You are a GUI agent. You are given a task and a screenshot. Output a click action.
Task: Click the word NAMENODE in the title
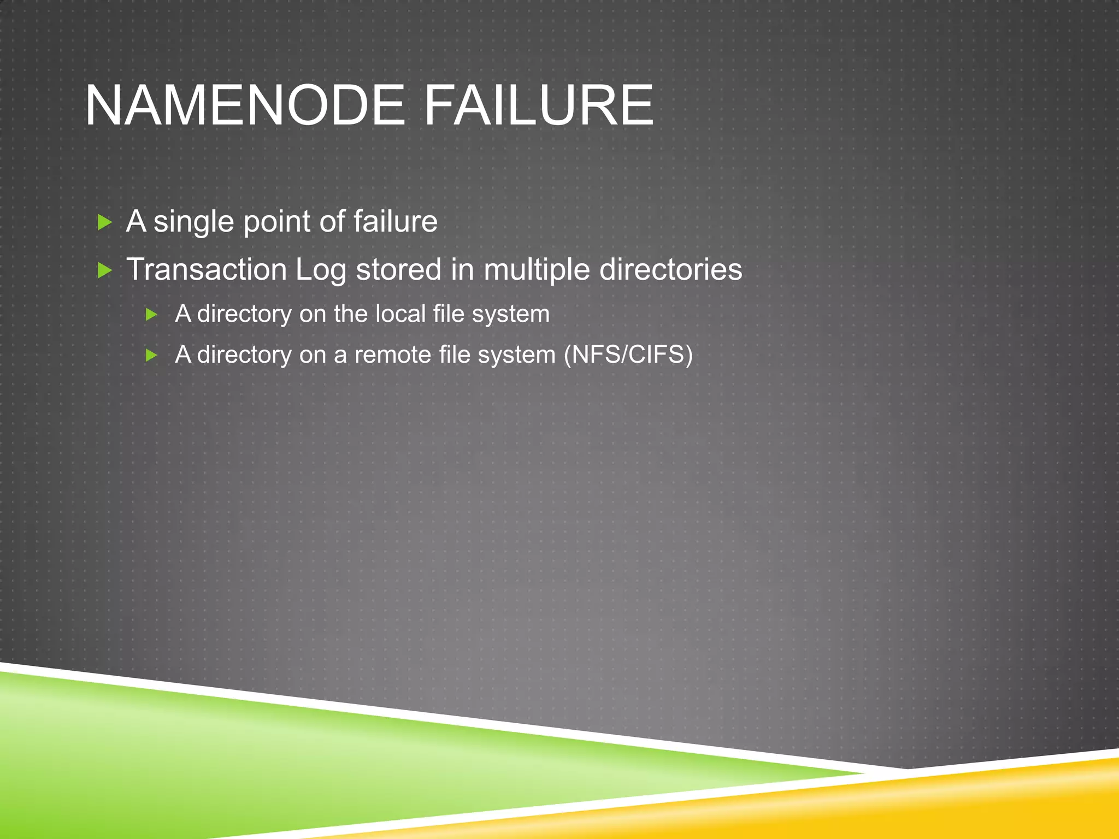coord(244,105)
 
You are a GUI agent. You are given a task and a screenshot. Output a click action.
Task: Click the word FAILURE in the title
coord(538,105)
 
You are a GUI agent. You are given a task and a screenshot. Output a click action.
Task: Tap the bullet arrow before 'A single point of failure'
coord(104,222)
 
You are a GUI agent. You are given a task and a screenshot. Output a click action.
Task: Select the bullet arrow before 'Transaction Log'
coord(104,270)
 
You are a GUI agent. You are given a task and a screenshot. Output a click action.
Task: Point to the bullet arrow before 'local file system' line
coord(151,314)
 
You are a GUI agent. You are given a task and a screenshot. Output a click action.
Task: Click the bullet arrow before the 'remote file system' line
coord(151,356)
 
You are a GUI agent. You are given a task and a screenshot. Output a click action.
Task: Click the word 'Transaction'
coord(207,270)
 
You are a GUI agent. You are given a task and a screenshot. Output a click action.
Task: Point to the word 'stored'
coord(398,270)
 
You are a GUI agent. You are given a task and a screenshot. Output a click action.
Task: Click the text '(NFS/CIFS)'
coord(628,355)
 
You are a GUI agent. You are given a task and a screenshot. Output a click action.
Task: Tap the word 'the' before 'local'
coord(350,314)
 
